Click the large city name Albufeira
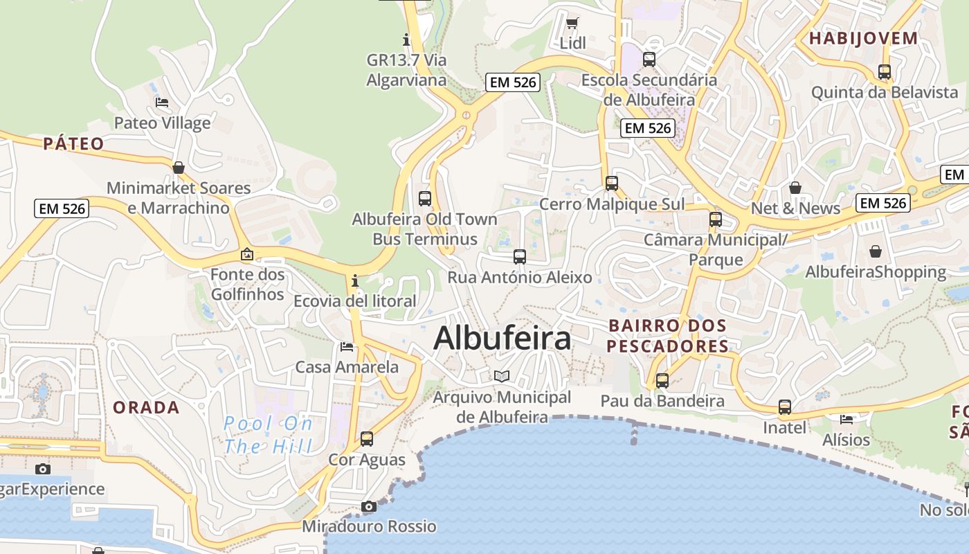pos(502,339)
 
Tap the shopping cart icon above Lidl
pos(572,24)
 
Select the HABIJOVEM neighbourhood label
pos(863,39)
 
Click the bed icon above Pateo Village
pos(162,102)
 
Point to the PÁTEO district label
pos(73,144)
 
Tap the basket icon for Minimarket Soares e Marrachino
pos(179,168)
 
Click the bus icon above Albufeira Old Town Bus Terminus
pos(425,199)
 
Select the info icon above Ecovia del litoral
pos(355,280)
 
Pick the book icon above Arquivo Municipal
pos(502,376)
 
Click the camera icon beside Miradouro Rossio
pos(369,506)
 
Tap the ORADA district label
pos(146,408)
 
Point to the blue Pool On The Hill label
pos(268,435)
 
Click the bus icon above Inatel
pos(784,407)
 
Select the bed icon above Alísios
pos(846,419)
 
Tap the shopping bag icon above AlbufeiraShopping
pos(876,251)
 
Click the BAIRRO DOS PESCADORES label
pos(668,336)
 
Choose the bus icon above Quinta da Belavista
pos(884,71)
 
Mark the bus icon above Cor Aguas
pos(367,438)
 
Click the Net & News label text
pos(795,208)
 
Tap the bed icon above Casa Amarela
pos(347,346)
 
